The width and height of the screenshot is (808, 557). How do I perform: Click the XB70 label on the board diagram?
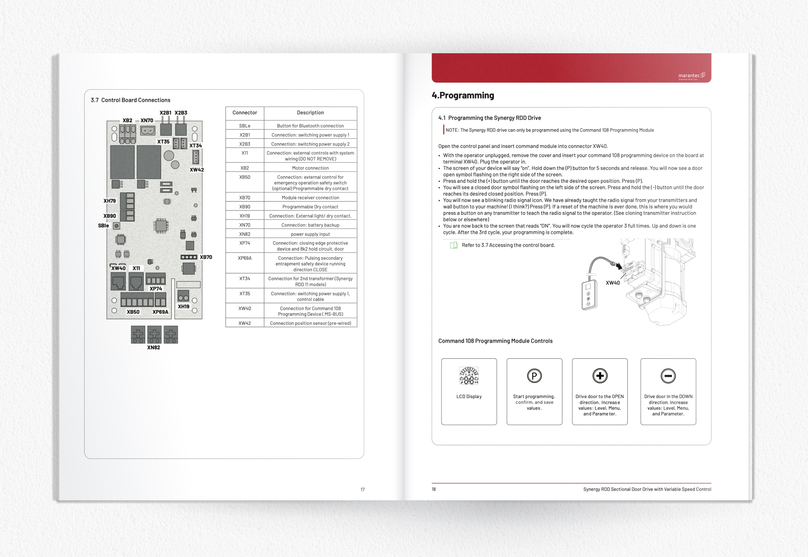coord(206,257)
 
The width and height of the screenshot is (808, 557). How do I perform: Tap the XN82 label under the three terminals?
coord(154,347)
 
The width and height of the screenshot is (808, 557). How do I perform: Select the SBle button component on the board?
coord(116,226)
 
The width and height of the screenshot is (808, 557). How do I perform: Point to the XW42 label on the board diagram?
coord(197,170)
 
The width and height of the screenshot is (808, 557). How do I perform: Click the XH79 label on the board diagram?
coord(110,201)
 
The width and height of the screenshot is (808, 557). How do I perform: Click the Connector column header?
coord(245,113)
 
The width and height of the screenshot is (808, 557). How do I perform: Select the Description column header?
coord(310,113)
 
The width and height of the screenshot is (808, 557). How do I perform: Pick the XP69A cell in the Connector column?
coord(245,258)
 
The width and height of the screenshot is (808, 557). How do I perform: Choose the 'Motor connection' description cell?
coord(310,168)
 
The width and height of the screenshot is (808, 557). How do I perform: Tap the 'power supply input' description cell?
coord(310,234)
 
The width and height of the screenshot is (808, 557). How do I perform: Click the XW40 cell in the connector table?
coord(245,309)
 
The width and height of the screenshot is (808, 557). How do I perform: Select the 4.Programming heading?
coord(462,95)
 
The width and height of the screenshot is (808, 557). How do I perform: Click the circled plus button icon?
coord(600,375)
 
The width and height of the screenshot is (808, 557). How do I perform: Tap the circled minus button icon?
coord(668,375)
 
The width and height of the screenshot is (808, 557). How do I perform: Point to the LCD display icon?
coord(469,376)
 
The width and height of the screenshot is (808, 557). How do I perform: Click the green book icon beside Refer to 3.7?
coord(454,245)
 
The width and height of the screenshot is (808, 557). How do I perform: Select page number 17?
coord(363,489)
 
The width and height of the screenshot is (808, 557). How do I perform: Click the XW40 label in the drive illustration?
coord(613,283)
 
